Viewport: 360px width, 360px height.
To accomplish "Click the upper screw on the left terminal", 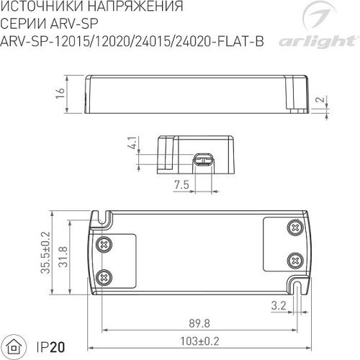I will [105, 246].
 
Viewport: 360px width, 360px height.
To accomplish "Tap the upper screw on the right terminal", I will [294, 228].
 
